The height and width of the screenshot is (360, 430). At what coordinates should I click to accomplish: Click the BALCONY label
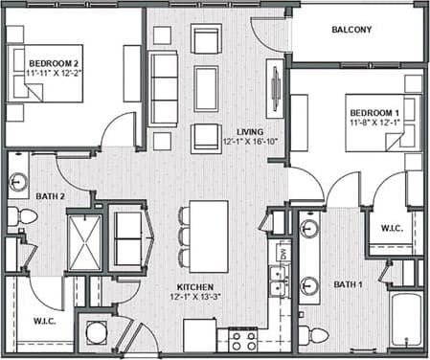click(x=351, y=30)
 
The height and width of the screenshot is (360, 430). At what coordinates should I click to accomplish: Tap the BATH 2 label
click(x=50, y=197)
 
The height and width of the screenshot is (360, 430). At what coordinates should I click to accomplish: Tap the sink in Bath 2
click(x=18, y=182)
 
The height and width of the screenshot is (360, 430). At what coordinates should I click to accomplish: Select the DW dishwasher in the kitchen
click(x=283, y=253)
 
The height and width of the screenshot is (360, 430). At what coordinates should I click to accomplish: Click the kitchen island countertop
click(x=209, y=222)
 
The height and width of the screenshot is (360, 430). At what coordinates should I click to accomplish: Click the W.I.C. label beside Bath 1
click(x=391, y=229)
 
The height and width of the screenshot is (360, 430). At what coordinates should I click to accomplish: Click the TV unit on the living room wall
click(x=274, y=88)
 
